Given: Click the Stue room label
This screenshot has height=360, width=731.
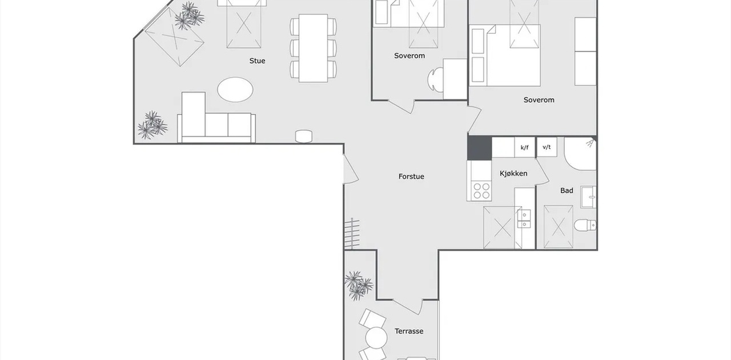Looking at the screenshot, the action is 257,61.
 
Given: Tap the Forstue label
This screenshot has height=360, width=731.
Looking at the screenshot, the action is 411,177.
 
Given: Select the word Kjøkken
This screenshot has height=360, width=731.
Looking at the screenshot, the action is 513,174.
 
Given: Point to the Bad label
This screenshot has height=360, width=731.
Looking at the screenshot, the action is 567,190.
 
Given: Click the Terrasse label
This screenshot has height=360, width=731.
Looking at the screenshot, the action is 409,331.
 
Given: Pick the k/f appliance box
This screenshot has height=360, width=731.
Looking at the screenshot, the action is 524,147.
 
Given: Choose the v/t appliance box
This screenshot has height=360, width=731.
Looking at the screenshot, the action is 547,147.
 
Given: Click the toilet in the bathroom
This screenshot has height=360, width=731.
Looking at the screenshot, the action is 585,225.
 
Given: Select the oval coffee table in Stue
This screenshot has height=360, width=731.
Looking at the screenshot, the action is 235,90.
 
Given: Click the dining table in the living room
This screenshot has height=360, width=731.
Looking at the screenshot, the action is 314,48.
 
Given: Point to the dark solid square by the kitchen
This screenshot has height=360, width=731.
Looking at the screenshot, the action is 479,149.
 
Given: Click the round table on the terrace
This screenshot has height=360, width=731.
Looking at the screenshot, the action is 376,338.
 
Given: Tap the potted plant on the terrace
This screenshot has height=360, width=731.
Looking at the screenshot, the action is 358,285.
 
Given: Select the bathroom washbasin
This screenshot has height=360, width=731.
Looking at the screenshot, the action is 588,197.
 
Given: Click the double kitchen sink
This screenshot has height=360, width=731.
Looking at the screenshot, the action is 524,219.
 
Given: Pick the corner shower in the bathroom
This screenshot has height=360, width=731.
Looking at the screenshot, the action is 580,154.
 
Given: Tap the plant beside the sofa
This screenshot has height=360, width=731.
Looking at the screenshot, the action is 152,125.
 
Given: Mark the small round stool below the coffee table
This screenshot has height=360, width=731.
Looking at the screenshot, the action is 303,136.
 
